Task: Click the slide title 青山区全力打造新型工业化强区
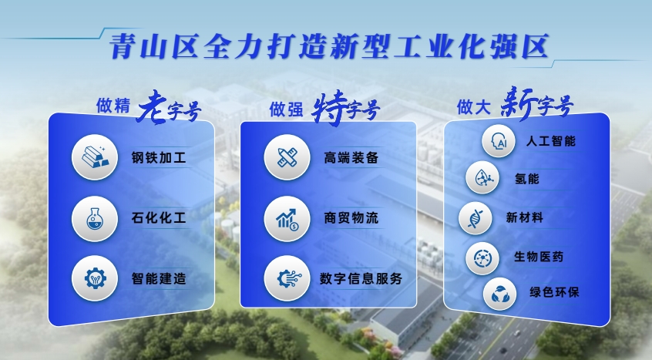(x=329, y=46)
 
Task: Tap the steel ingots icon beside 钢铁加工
(x=95, y=157)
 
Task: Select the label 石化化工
(x=159, y=218)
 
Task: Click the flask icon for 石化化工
(x=95, y=219)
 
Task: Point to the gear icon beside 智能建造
(x=95, y=278)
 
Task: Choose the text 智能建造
(x=159, y=278)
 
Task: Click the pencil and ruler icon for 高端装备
(x=287, y=157)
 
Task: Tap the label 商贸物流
(x=351, y=218)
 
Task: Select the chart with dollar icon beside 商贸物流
(x=287, y=219)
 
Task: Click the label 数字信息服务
(x=361, y=278)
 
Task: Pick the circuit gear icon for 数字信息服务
(x=287, y=278)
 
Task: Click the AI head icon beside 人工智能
(x=498, y=141)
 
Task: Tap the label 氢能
(x=527, y=179)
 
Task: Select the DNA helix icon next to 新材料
(x=475, y=218)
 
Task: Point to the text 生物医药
(x=539, y=257)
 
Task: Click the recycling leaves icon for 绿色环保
(x=499, y=294)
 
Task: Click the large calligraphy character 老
(x=152, y=107)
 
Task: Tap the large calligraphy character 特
(x=330, y=108)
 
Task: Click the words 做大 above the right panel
(x=474, y=107)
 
